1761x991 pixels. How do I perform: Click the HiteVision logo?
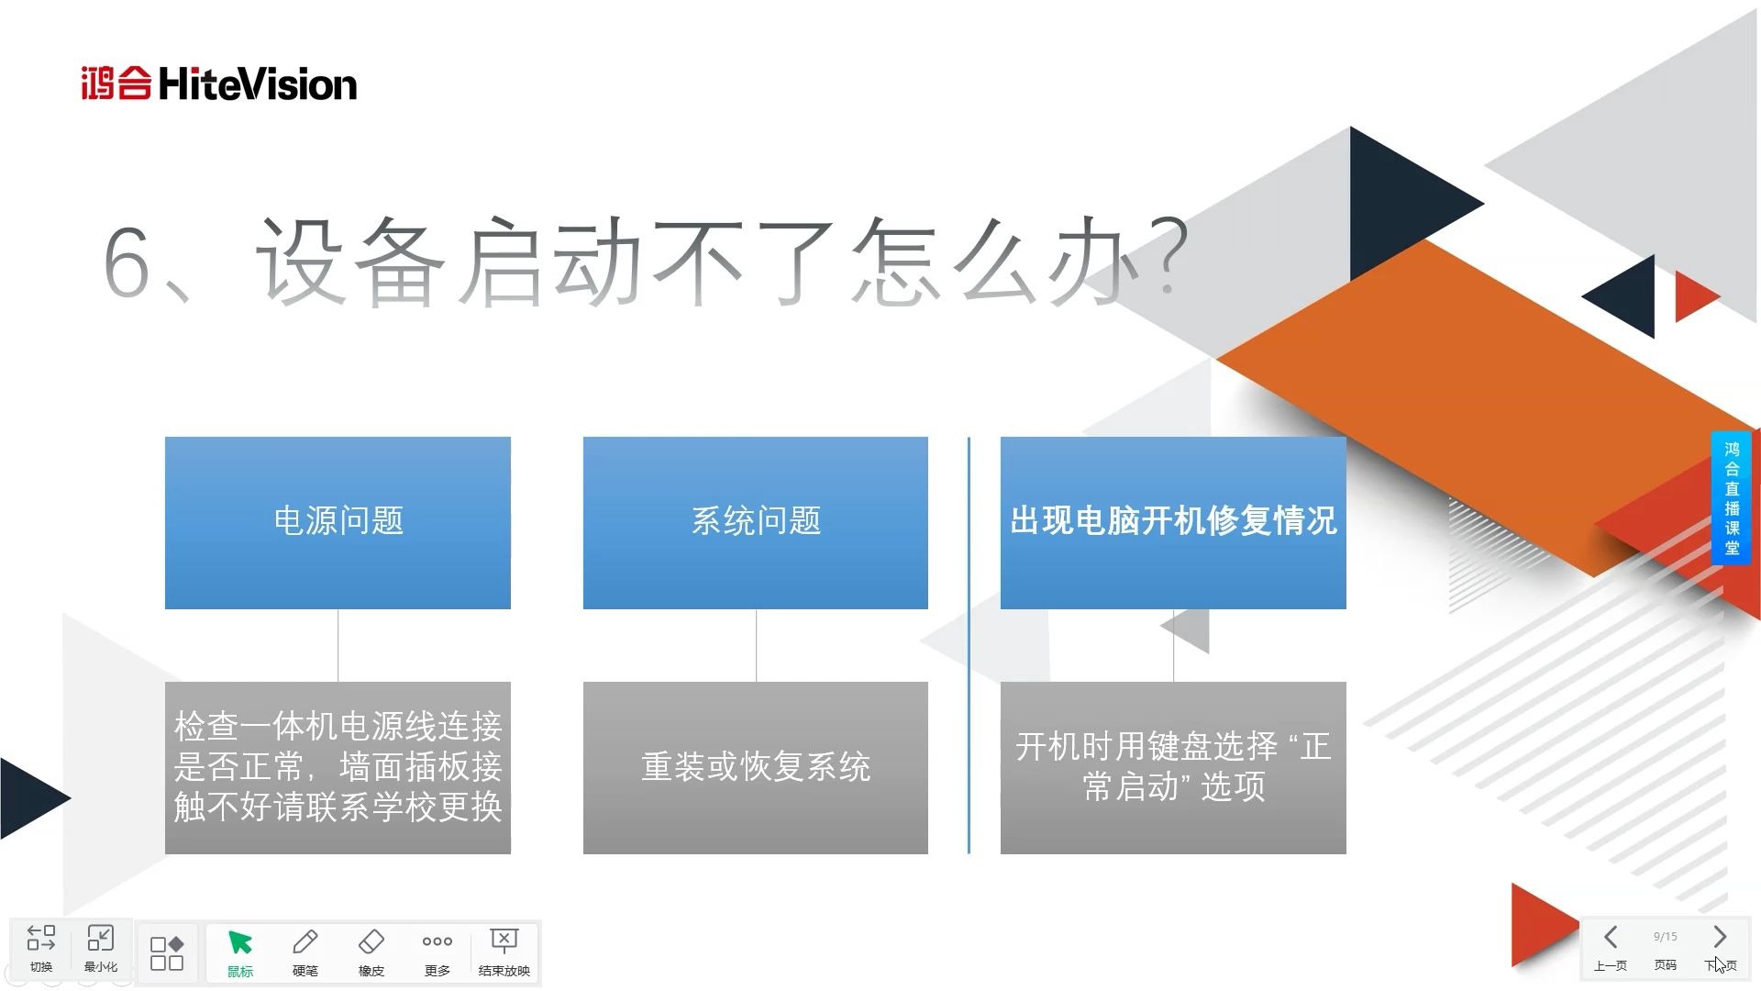218,84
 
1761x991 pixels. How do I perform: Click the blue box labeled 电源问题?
338,522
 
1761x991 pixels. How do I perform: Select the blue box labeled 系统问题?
756,522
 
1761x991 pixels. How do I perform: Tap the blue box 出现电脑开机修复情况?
1173,522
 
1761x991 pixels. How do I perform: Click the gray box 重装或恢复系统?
756,767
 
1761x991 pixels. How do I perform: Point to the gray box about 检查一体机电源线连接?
338,767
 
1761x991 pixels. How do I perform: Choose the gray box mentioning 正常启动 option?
1173,767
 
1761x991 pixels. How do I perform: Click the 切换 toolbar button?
41,947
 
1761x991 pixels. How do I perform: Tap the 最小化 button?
100,947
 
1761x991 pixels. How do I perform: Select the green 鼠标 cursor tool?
240,952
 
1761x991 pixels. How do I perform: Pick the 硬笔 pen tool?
305,952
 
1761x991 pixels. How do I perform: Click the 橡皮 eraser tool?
371,952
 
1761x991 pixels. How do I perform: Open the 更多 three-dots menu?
437,952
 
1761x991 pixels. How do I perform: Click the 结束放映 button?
504,952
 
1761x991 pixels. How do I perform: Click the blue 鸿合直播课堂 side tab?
1732,499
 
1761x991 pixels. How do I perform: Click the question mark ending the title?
1169,256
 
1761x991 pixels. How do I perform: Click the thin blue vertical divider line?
969,645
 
